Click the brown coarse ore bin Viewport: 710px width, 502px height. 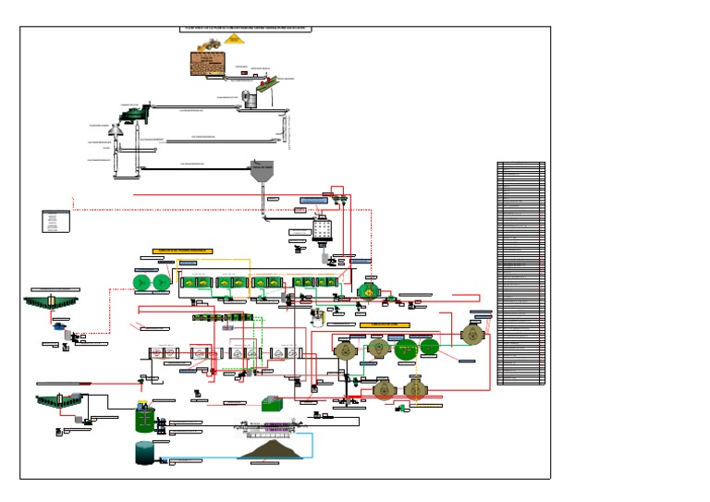(x=209, y=64)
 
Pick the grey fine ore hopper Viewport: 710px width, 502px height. (x=262, y=173)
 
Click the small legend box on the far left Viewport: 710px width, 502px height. (x=55, y=222)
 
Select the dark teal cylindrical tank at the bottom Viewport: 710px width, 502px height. (x=145, y=452)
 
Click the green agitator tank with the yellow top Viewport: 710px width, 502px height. (x=143, y=418)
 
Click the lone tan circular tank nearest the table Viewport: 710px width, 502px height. (x=473, y=333)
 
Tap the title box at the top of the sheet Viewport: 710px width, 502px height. (x=246, y=29)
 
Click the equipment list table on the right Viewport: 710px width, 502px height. (x=520, y=274)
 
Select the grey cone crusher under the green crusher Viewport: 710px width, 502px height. (x=116, y=132)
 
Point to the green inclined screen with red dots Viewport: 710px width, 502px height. (x=264, y=89)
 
